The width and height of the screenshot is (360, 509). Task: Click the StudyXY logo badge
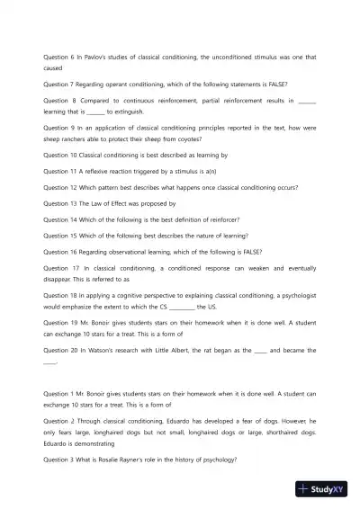click(326, 490)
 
